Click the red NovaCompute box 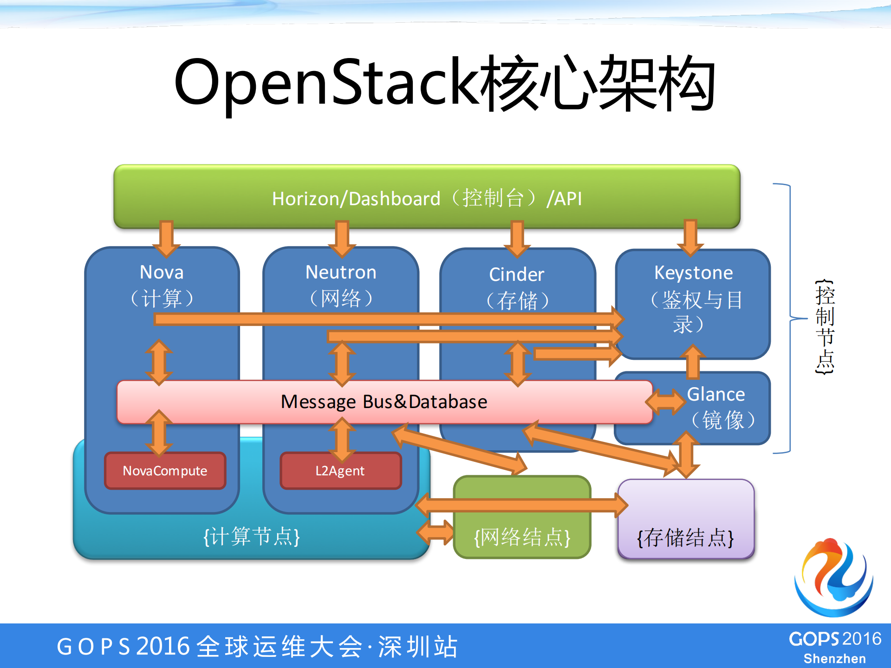tap(165, 471)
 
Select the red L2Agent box tap(340, 471)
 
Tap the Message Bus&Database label tap(384, 402)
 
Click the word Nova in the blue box tap(162, 272)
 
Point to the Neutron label tap(341, 272)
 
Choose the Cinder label tap(516, 274)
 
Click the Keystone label tap(693, 272)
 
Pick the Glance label tap(715, 394)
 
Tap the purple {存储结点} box tap(685, 519)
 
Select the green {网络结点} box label tap(522, 537)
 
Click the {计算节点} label tap(252, 537)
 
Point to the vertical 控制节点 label tap(825, 327)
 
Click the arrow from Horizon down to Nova tap(166, 238)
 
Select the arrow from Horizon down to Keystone tap(690, 238)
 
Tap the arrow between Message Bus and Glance tap(666, 402)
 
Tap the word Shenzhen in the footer tap(834, 659)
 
